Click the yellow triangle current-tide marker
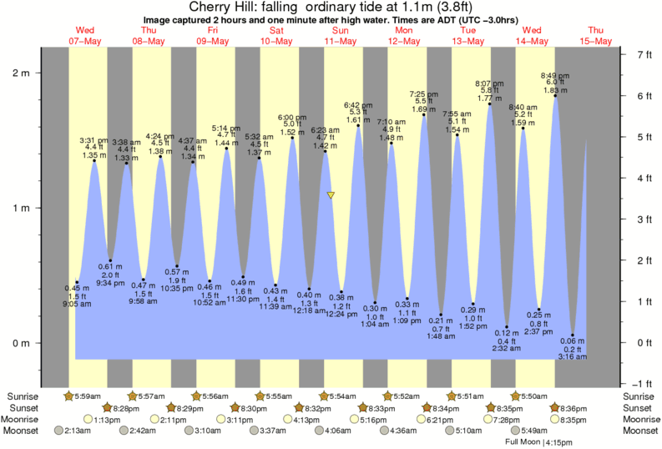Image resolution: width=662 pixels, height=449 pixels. coord(331,195)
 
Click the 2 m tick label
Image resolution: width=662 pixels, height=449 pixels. coord(19,73)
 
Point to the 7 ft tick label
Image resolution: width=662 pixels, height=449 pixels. coord(644,55)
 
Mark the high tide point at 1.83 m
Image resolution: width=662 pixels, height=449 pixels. coord(555,96)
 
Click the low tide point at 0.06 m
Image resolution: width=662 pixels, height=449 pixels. coord(573,335)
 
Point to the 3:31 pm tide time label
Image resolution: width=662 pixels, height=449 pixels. coord(93,140)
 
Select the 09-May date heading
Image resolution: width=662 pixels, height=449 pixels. coord(213,41)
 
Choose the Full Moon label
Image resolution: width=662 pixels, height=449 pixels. coord(523,441)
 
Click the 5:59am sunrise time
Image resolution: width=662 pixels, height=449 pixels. coord(88,396)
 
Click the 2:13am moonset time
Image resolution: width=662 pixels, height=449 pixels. coord(75,431)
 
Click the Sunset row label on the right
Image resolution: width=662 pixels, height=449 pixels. coord(639,407)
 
